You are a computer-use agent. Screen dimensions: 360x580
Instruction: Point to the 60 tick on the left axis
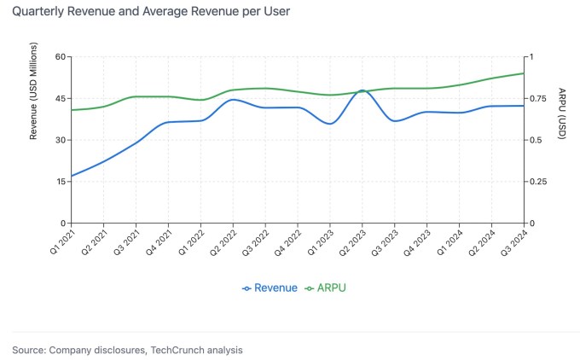61,57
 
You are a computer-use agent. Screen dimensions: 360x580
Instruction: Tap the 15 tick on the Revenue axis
61,182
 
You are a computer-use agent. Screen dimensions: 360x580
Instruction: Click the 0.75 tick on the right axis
536,99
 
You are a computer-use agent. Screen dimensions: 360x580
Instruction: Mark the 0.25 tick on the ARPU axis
536,182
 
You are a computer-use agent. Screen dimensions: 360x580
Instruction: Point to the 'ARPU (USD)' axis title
561,113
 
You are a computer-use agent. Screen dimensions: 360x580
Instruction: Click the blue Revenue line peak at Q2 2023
362,90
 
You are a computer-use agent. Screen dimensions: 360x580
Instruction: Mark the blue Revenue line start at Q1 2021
72,176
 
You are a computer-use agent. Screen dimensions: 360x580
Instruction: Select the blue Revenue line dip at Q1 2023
330,124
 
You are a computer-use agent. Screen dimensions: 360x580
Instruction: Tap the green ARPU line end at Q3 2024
524,73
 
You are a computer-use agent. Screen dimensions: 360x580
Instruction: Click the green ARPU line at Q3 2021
136,96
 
